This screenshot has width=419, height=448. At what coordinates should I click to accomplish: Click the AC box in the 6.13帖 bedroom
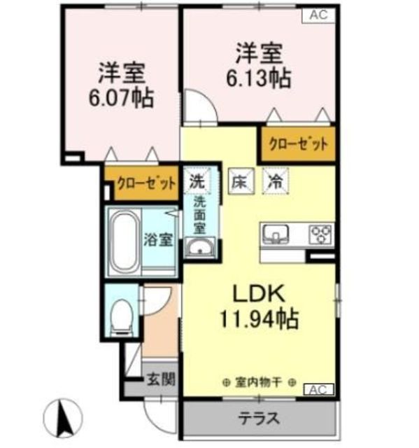click(x=318, y=15)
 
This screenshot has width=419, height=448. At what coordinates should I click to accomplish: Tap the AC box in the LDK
click(x=318, y=390)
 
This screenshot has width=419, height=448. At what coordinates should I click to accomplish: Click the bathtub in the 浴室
click(x=125, y=241)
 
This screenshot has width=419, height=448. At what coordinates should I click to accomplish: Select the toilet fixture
click(x=122, y=318)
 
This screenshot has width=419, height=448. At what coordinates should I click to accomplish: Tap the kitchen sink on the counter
click(x=276, y=234)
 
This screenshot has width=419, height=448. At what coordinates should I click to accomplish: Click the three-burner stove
click(x=321, y=234)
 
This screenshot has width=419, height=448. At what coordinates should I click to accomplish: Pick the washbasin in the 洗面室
click(x=199, y=247)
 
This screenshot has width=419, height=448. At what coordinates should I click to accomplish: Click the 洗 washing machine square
click(x=197, y=181)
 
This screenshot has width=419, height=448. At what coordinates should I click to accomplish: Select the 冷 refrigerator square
click(x=276, y=181)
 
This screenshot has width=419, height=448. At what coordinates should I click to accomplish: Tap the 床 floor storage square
click(x=241, y=181)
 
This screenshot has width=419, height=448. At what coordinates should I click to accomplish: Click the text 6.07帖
click(x=121, y=98)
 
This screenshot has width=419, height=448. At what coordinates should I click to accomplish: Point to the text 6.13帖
click(x=259, y=78)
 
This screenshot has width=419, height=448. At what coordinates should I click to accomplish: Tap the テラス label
click(x=259, y=419)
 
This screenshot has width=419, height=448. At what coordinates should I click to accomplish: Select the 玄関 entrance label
click(x=160, y=379)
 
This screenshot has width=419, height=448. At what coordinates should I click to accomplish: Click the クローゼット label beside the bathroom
click(x=146, y=183)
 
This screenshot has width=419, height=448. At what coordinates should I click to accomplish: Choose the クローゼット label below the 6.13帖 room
click(x=298, y=144)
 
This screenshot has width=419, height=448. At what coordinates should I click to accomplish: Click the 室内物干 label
click(x=259, y=382)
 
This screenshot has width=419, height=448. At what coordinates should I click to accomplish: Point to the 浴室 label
click(x=158, y=239)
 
